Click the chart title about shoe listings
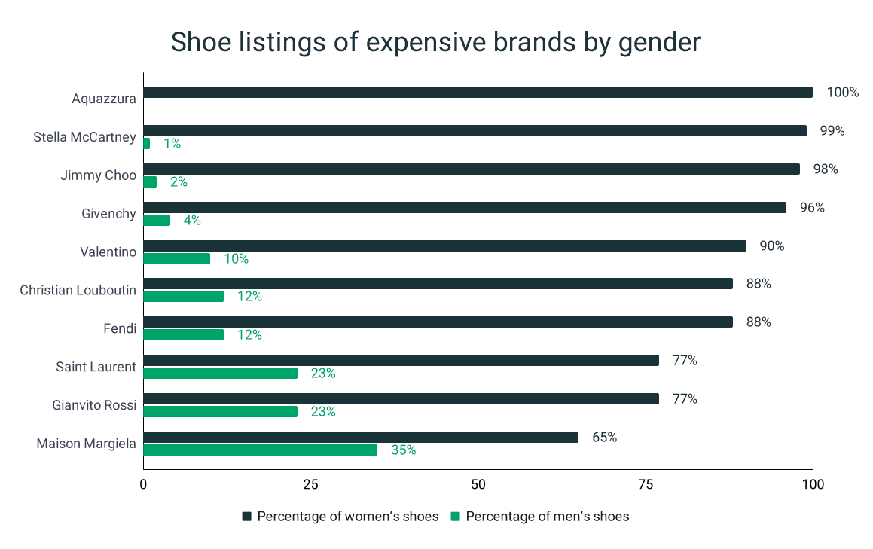pos(435,43)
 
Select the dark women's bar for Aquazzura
pos(478,93)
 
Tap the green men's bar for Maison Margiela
pos(260,450)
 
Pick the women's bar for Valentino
pos(444,246)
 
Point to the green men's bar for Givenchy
pos(157,221)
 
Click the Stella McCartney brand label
pos(85,137)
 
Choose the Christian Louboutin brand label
pos(78,290)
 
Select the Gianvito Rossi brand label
pos(94,405)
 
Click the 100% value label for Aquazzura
pos(842,93)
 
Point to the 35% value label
pos(403,450)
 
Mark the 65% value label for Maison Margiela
pos(604,437)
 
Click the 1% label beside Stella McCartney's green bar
pos(172,144)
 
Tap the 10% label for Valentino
pos(236,259)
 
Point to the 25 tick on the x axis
pos(310,484)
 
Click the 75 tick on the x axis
pos(646,484)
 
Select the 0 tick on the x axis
pos(143,484)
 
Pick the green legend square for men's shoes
pos(455,517)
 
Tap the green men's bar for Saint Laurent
pos(220,374)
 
